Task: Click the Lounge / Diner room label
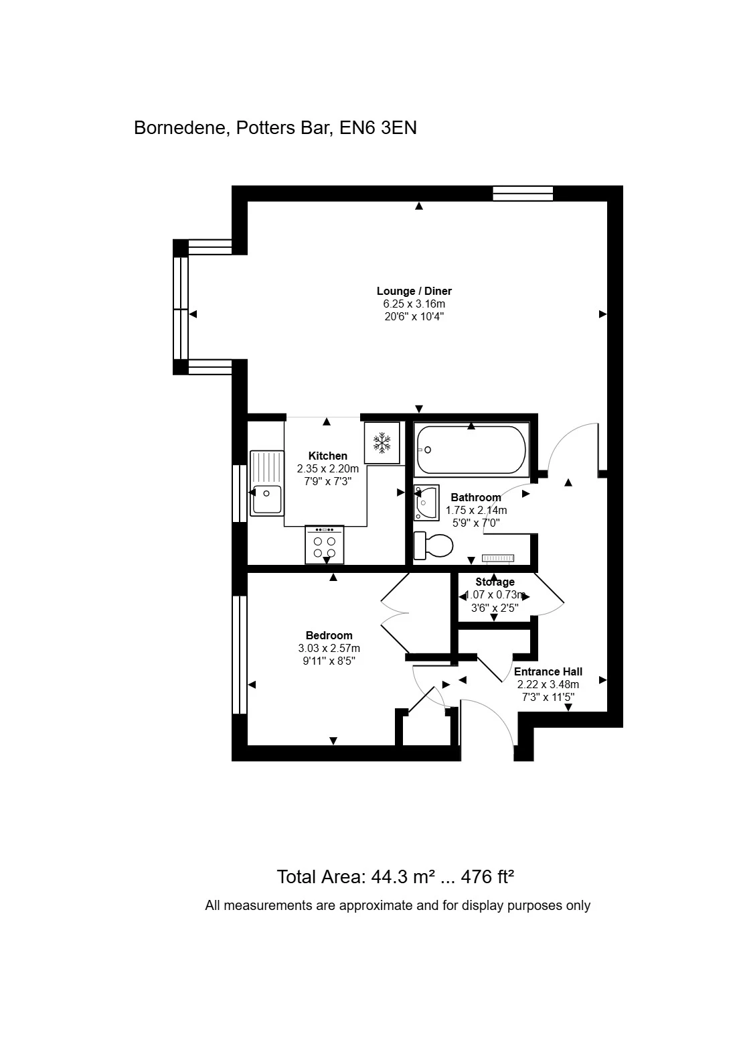tap(414, 291)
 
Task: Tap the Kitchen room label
tap(327, 456)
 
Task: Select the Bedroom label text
tap(329, 635)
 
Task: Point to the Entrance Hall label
tap(548, 671)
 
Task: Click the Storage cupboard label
tap(495, 582)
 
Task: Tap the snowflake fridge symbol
tap(382, 442)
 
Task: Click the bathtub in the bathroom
tap(471, 450)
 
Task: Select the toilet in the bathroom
tap(434, 545)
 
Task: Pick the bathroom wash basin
tap(426, 503)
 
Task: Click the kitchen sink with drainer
tap(266, 483)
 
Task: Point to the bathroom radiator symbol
tap(498, 558)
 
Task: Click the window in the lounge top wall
tap(523, 194)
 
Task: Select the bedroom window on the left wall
tap(240, 655)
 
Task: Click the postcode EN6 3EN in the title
tap(378, 127)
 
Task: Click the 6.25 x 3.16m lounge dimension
tap(414, 304)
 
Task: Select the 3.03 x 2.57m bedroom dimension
tap(329, 648)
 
